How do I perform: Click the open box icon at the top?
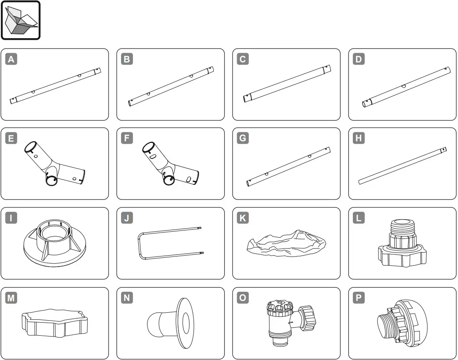(x=21, y=20)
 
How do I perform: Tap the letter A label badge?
(x=11, y=60)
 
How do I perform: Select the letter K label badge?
(x=242, y=218)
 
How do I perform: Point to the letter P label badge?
(x=358, y=298)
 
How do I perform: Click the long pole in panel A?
(x=55, y=85)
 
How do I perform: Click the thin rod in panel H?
(x=402, y=166)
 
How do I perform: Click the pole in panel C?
(x=287, y=83)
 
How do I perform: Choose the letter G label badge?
(x=242, y=138)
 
